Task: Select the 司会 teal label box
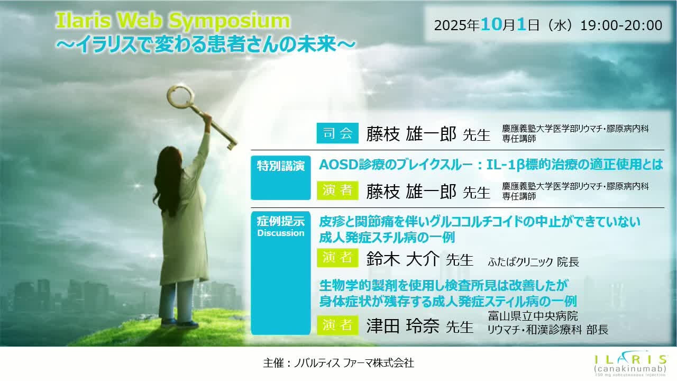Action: click(337, 133)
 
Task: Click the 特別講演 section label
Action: click(280, 166)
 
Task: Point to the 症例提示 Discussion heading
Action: click(280, 225)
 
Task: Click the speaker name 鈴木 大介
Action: click(402, 259)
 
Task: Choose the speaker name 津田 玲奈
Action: click(402, 325)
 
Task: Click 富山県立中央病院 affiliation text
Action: click(533, 316)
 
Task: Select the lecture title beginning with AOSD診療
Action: click(490, 165)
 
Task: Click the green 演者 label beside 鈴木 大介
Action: click(337, 258)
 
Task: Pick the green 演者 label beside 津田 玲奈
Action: click(337, 324)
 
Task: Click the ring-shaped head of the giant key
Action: click(179, 96)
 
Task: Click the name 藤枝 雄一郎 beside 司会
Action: click(410, 134)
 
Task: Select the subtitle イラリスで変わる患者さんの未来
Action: click(205, 44)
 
